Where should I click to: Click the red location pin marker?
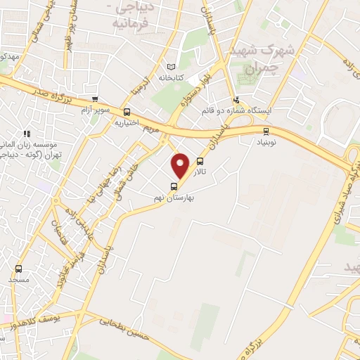(181, 165)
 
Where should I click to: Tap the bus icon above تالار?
(200, 162)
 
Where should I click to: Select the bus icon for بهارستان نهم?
(174, 186)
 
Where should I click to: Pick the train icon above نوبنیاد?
(265, 131)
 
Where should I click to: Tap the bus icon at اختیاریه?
(127, 112)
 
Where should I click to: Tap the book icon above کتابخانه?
(170, 67)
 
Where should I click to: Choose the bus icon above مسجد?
(18, 268)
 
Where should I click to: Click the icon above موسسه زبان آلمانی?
(27, 134)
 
